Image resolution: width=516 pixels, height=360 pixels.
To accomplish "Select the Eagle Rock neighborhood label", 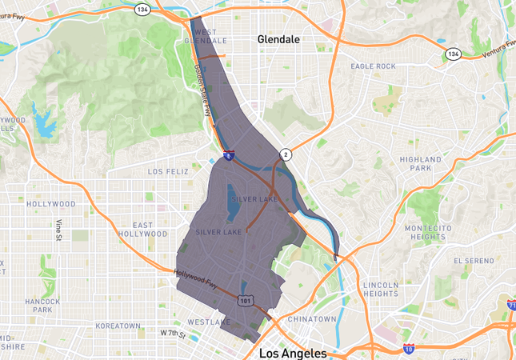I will tap(373, 66).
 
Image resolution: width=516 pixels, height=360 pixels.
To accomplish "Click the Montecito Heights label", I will tap(424, 232).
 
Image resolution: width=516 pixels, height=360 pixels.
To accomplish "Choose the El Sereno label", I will tap(471, 261).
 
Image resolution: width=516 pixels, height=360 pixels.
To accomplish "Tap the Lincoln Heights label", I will tap(380, 289).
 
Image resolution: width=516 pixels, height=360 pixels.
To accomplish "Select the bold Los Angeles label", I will tap(292, 353).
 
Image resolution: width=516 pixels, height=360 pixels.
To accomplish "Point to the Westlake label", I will tap(209, 322).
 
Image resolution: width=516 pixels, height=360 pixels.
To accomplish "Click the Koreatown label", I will tap(118, 326).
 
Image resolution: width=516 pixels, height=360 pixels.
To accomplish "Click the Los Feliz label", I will tap(167, 171).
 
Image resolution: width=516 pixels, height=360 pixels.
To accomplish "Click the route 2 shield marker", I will tap(285, 154).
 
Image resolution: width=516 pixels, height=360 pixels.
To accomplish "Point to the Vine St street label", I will tap(58, 230).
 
